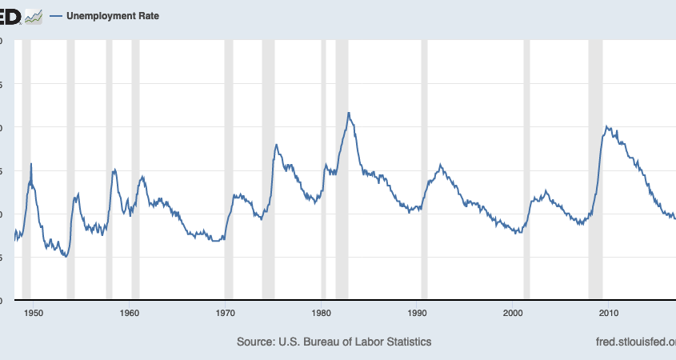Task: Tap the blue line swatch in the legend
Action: pos(56,15)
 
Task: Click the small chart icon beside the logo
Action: pos(33,15)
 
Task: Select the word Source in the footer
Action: pos(254,342)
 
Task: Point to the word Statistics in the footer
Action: pos(406,342)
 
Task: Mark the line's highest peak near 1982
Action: pos(349,113)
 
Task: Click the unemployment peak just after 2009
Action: pos(607,126)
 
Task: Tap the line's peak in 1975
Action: pos(276,145)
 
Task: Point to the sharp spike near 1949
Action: pos(31,164)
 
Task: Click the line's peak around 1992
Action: pos(441,165)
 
